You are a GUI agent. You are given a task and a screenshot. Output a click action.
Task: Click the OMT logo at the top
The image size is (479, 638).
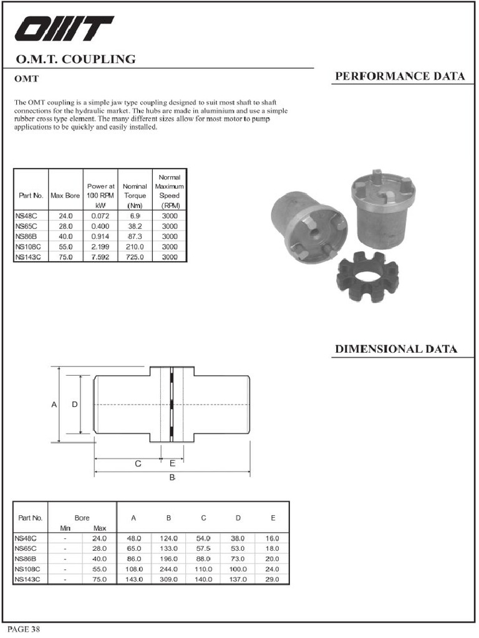64,29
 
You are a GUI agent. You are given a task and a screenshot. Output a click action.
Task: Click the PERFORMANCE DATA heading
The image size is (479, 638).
400,77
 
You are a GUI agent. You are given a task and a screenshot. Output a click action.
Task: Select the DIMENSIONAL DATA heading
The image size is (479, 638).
396,349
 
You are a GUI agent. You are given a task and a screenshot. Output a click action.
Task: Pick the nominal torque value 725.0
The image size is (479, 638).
135,257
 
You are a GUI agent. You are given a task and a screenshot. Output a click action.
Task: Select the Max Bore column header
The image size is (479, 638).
65,196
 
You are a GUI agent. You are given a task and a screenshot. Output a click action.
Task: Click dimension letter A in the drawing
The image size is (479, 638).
54,405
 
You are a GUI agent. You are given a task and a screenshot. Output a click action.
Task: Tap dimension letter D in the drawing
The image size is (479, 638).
74,405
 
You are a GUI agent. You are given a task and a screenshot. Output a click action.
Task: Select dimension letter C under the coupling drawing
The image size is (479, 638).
138,464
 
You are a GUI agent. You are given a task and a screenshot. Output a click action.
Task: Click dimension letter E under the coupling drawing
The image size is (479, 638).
173,464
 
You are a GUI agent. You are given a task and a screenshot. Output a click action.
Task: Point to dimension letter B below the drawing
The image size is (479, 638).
172,477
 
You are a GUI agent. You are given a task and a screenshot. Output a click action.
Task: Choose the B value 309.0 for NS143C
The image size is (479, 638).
168,579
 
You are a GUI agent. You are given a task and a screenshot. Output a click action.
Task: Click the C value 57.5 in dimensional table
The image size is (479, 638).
203,548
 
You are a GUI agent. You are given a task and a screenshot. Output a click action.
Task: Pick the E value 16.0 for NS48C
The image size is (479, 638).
273,538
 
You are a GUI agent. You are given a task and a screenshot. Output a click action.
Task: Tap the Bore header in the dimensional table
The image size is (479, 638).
82,518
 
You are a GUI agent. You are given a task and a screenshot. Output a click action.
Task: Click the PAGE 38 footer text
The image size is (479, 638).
24,629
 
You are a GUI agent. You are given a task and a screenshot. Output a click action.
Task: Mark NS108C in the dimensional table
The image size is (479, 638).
29,569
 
